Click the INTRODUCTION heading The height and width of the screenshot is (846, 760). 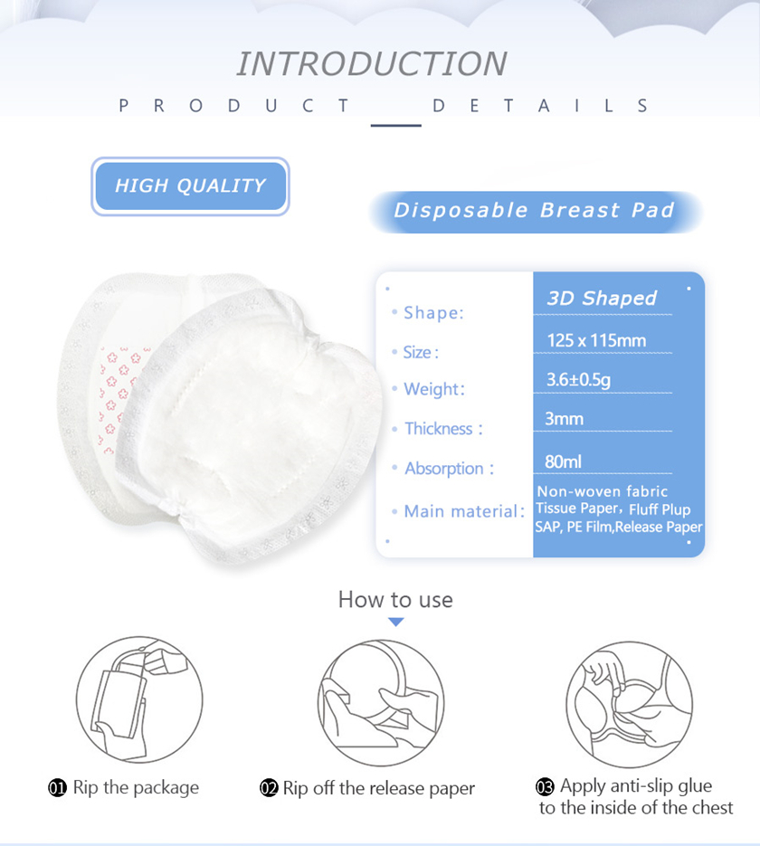coord(372,63)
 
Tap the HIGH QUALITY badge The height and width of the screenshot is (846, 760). coord(190,186)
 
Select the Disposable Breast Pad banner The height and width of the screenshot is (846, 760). coord(535,211)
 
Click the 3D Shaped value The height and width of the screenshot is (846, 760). coord(602,298)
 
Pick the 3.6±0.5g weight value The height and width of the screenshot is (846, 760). coord(578,380)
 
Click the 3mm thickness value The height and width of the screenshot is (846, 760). coord(565,419)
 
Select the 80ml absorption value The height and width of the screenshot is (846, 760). coord(563,461)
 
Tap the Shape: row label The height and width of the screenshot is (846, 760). coord(433,313)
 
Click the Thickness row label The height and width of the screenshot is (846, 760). coord(444,429)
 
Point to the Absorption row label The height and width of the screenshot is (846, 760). coord(450,469)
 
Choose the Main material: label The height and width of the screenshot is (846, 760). coord(464,511)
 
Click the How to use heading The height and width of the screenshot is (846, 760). coord(395,600)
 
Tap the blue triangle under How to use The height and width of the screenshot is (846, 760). coord(396,623)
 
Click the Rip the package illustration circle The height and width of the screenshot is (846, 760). coord(139,699)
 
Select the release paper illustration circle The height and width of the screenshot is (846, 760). coord(381,703)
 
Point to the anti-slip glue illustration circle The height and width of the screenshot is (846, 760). coord(630,704)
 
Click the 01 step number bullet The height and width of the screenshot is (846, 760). coord(57,788)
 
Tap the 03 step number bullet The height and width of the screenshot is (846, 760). coord(545,786)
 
